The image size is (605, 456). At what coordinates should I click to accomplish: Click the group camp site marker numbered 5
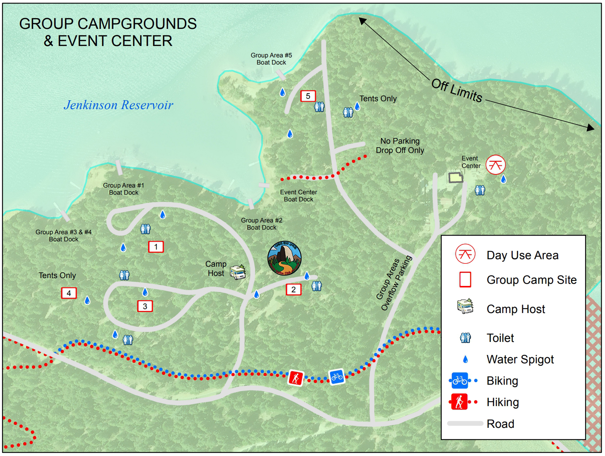click(308, 96)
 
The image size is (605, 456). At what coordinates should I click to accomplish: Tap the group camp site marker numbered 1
click(156, 247)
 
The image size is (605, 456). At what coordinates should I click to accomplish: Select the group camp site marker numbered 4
click(69, 293)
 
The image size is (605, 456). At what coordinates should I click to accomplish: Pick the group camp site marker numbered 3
click(145, 306)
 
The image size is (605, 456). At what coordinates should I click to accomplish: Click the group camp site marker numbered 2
click(293, 290)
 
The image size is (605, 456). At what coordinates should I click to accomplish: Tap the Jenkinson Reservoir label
click(118, 105)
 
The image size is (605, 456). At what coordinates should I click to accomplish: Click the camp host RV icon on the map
click(237, 272)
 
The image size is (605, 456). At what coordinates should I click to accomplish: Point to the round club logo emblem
click(284, 258)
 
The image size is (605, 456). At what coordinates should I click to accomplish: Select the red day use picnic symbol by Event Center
click(496, 165)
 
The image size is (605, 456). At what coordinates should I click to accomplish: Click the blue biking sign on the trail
click(337, 376)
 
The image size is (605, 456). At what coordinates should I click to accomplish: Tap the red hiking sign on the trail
click(296, 378)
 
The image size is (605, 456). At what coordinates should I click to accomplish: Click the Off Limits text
click(457, 91)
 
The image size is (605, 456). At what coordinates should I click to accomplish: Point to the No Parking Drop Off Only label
click(400, 146)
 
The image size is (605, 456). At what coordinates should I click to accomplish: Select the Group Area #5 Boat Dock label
click(271, 59)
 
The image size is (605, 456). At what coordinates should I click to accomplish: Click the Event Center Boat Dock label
click(298, 196)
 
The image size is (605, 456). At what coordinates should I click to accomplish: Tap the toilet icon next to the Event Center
click(480, 190)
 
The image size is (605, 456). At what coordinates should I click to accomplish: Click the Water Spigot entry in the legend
click(520, 359)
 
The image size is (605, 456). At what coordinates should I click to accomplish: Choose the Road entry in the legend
click(500, 424)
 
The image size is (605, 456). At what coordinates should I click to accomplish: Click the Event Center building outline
click(455, 178)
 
